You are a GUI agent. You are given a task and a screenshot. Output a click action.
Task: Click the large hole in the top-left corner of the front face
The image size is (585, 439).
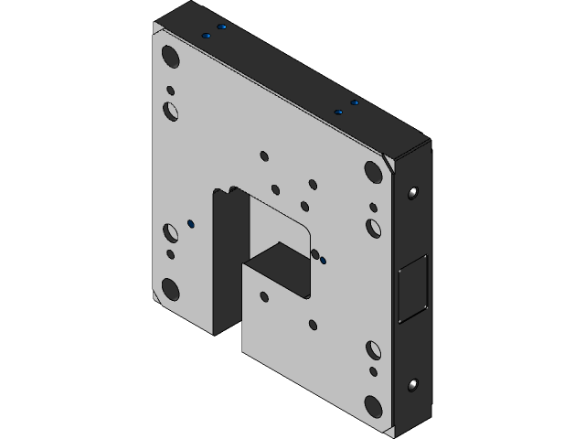[170, 55]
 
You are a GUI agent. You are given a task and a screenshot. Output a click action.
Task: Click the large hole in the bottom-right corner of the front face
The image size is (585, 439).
[373, 405]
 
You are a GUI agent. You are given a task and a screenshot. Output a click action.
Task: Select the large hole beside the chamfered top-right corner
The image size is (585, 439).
[373, 171]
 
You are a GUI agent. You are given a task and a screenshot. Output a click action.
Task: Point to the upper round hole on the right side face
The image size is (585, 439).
[413, 193]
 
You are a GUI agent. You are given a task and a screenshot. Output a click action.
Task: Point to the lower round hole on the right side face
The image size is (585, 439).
[413, 385]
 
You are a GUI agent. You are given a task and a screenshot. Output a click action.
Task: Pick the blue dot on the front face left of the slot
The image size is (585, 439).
[190, 222]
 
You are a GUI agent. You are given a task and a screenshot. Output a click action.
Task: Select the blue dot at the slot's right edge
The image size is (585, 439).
[323, 261]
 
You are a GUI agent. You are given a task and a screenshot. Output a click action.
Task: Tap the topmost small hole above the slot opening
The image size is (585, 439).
[264, 155]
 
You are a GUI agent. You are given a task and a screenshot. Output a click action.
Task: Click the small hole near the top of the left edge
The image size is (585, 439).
[170, 91]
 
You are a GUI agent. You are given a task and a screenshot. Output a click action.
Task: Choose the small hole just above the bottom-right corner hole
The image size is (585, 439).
[373, 371]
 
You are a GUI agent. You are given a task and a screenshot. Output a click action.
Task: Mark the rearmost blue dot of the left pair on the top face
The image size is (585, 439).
[220, 27]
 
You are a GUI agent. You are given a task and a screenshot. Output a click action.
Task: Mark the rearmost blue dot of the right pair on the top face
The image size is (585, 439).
[354, 103]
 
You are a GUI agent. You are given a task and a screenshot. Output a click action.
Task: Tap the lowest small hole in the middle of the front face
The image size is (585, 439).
[314, 324]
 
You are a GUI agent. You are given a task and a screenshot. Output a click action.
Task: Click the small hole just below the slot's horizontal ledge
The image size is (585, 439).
[264, 296]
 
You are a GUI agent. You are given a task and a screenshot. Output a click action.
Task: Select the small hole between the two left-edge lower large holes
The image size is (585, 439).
[170, 254]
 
